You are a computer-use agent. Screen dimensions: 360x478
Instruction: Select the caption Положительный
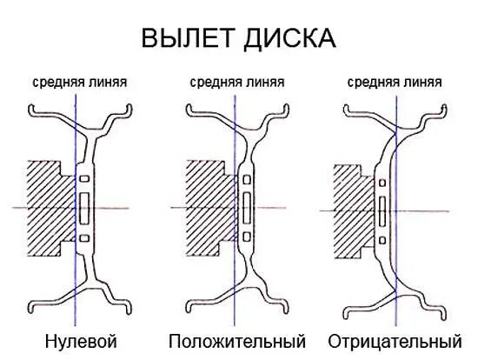point(237,339)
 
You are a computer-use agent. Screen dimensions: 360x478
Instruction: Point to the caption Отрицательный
point(395,339)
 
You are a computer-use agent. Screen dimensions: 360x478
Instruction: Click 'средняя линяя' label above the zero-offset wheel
point(80,83)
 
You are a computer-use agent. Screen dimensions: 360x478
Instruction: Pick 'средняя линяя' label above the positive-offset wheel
point(236,83)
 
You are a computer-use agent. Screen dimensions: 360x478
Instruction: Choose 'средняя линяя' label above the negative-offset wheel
point(393,83)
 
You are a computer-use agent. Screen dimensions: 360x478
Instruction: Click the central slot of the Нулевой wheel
point(83,208)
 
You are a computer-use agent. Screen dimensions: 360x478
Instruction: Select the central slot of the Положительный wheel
point(247,208)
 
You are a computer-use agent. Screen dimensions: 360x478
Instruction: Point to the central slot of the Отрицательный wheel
point(383,210)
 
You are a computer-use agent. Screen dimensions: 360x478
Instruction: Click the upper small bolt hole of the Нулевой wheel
point(83,178)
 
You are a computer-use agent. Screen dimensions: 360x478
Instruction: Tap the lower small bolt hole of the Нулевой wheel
point(83,237)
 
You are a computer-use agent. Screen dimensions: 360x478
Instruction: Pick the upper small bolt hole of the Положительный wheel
point(247,178)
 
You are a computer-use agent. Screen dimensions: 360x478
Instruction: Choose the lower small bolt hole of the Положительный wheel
point(247,237)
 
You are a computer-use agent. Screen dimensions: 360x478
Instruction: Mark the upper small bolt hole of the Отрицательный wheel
point(383,183)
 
